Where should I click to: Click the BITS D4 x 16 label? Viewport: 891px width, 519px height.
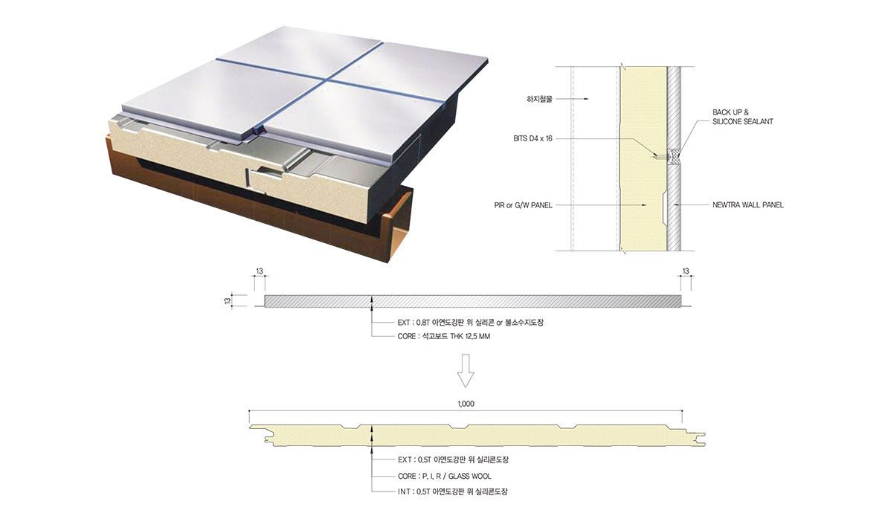point(533,138)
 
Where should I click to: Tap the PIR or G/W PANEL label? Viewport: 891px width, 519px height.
point(523,205)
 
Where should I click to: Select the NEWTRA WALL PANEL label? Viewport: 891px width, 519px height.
point(747,205)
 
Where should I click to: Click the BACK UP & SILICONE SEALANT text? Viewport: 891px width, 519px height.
point(743,117)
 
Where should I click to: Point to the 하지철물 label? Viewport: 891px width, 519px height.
point(539,99)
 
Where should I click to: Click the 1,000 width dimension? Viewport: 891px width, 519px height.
point(466,404)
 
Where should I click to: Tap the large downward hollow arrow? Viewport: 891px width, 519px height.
point(466,371)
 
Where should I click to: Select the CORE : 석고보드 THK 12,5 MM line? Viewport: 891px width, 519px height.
point(444,336)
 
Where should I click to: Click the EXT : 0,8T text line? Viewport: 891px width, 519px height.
point(471,323)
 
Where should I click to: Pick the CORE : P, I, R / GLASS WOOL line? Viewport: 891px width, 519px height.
point(444,476)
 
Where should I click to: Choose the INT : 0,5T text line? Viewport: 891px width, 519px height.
point(452,491)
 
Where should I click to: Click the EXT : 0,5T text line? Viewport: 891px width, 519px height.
point(453,460)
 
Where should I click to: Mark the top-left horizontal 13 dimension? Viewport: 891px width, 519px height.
point(260,271)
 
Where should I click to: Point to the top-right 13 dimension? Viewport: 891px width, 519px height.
point(686,271)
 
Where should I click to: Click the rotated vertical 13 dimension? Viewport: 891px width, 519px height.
point(228,301)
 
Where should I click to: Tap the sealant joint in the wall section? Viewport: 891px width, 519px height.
point(675,155)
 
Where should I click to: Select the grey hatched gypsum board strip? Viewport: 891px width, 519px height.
point(473,301)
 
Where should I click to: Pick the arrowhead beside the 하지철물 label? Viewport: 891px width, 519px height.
point(586,99)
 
